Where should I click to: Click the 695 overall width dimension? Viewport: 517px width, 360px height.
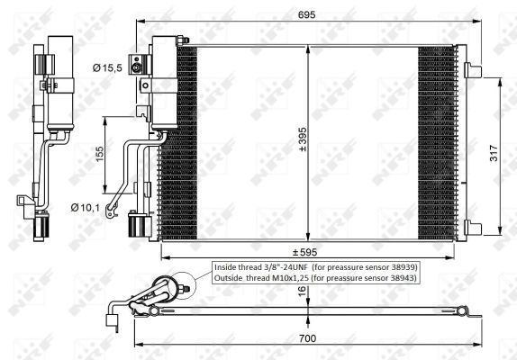pyautogui.click(x=307, y=12)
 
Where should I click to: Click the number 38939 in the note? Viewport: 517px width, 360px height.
pyautogui.click(x=400, y=266)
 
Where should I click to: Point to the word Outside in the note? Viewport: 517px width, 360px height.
pyautogui.click(x=230, y=278)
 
